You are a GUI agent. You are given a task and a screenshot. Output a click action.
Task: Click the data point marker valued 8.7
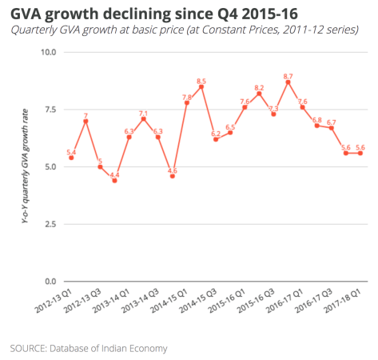288,82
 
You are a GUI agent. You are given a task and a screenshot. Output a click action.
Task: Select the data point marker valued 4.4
114,181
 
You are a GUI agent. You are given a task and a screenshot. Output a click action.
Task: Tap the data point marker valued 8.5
201,87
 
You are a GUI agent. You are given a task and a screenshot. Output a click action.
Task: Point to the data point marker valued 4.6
173,176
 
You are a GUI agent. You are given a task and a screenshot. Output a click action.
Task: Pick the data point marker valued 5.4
71,158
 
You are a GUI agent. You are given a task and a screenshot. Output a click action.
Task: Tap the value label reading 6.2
216,133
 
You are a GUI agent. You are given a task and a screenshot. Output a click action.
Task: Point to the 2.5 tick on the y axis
50,224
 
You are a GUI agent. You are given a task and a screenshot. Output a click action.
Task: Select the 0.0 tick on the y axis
50,282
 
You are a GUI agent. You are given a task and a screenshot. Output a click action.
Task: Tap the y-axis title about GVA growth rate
26,167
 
